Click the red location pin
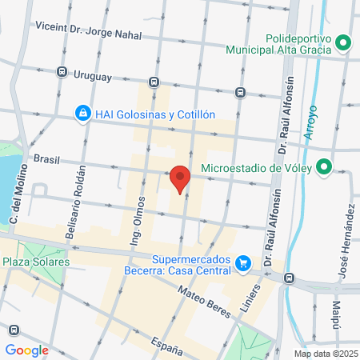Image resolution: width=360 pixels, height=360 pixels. pos(180,178)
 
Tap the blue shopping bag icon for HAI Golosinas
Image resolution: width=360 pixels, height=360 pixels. pos(82,114)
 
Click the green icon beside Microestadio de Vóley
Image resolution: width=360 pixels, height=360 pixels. pos(324,168)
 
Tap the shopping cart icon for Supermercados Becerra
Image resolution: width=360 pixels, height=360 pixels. pos(242,262)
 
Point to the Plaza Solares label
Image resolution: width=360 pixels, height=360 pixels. pos(35,262)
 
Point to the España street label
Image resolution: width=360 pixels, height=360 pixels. pos(166,346)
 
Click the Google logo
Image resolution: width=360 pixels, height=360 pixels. pos(26,350)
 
